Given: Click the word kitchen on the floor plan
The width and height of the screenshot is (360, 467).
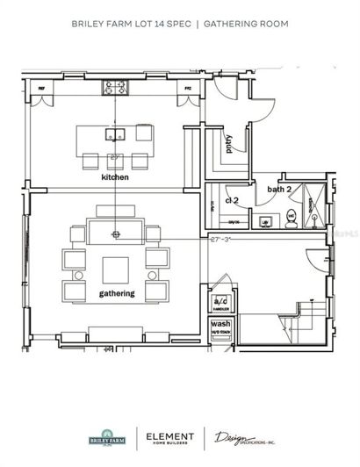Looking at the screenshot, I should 115,177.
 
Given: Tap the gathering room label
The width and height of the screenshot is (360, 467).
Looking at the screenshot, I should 116,293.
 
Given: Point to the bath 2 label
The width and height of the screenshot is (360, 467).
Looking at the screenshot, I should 280,189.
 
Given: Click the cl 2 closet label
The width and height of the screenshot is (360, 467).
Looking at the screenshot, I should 234,201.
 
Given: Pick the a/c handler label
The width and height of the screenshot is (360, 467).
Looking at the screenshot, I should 220,303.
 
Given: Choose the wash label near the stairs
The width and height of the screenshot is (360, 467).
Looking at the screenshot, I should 220,325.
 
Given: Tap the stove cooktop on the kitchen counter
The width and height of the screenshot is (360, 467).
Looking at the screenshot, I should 116,87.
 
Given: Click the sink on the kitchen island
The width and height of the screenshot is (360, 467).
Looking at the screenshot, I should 116,134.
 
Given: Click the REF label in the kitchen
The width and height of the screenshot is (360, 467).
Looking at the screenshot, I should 40,89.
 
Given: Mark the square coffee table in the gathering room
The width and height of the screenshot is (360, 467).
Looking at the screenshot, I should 116,268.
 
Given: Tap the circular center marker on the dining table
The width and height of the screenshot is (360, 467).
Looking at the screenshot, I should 116,234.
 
